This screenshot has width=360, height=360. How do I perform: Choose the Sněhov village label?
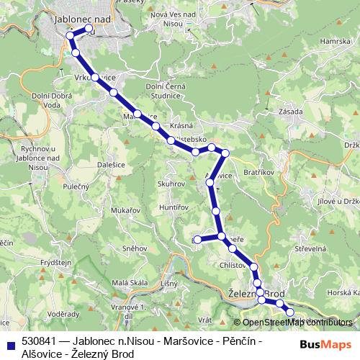click(135, 248)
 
